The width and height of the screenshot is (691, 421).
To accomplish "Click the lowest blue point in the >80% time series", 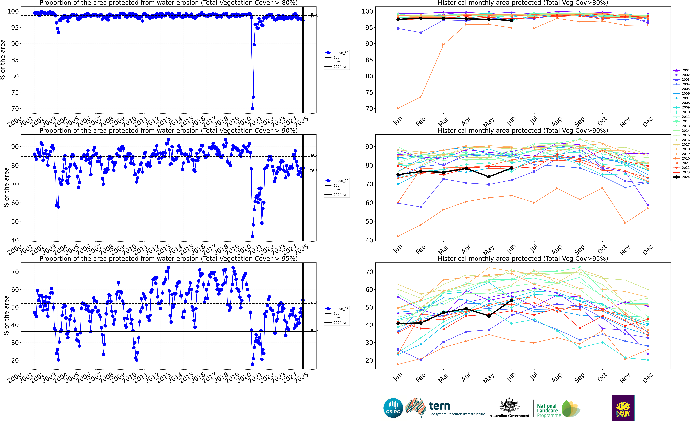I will click(x=252, y=108).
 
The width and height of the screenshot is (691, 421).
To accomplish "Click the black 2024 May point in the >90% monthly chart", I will click(x=489, y=177).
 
